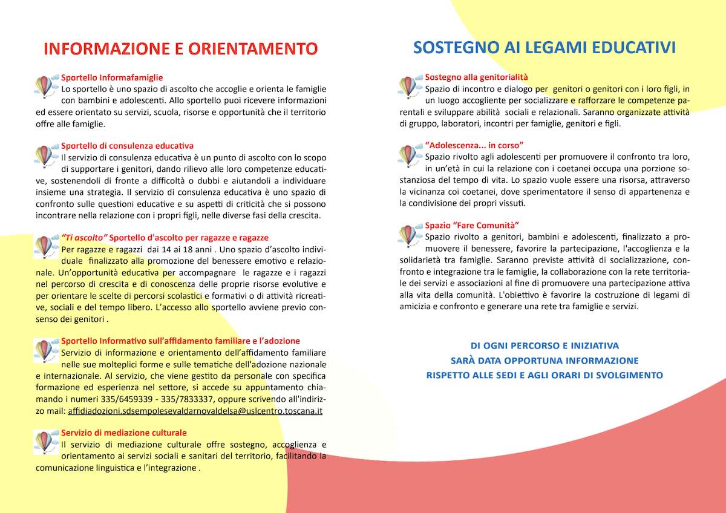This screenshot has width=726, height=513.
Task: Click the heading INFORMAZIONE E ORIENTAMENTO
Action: point(180,48)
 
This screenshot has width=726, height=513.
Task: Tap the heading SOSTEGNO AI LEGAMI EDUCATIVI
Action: point(544,47)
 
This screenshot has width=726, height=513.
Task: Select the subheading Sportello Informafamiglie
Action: point(112,77)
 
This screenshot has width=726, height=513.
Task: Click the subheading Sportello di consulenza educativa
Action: point(127,146)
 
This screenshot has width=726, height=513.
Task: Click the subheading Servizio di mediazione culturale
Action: point(124,433)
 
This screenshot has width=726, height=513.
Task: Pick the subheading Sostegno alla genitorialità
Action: point(476,77)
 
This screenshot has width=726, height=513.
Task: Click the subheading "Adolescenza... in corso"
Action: point(474,145)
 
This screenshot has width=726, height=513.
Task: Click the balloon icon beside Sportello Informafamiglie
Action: point(45,86)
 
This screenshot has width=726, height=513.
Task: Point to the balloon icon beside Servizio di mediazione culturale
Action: point(45,442)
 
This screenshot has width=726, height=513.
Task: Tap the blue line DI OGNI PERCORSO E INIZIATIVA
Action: point(544,346)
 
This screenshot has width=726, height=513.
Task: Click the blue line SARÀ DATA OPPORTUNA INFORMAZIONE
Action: point(544,361)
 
